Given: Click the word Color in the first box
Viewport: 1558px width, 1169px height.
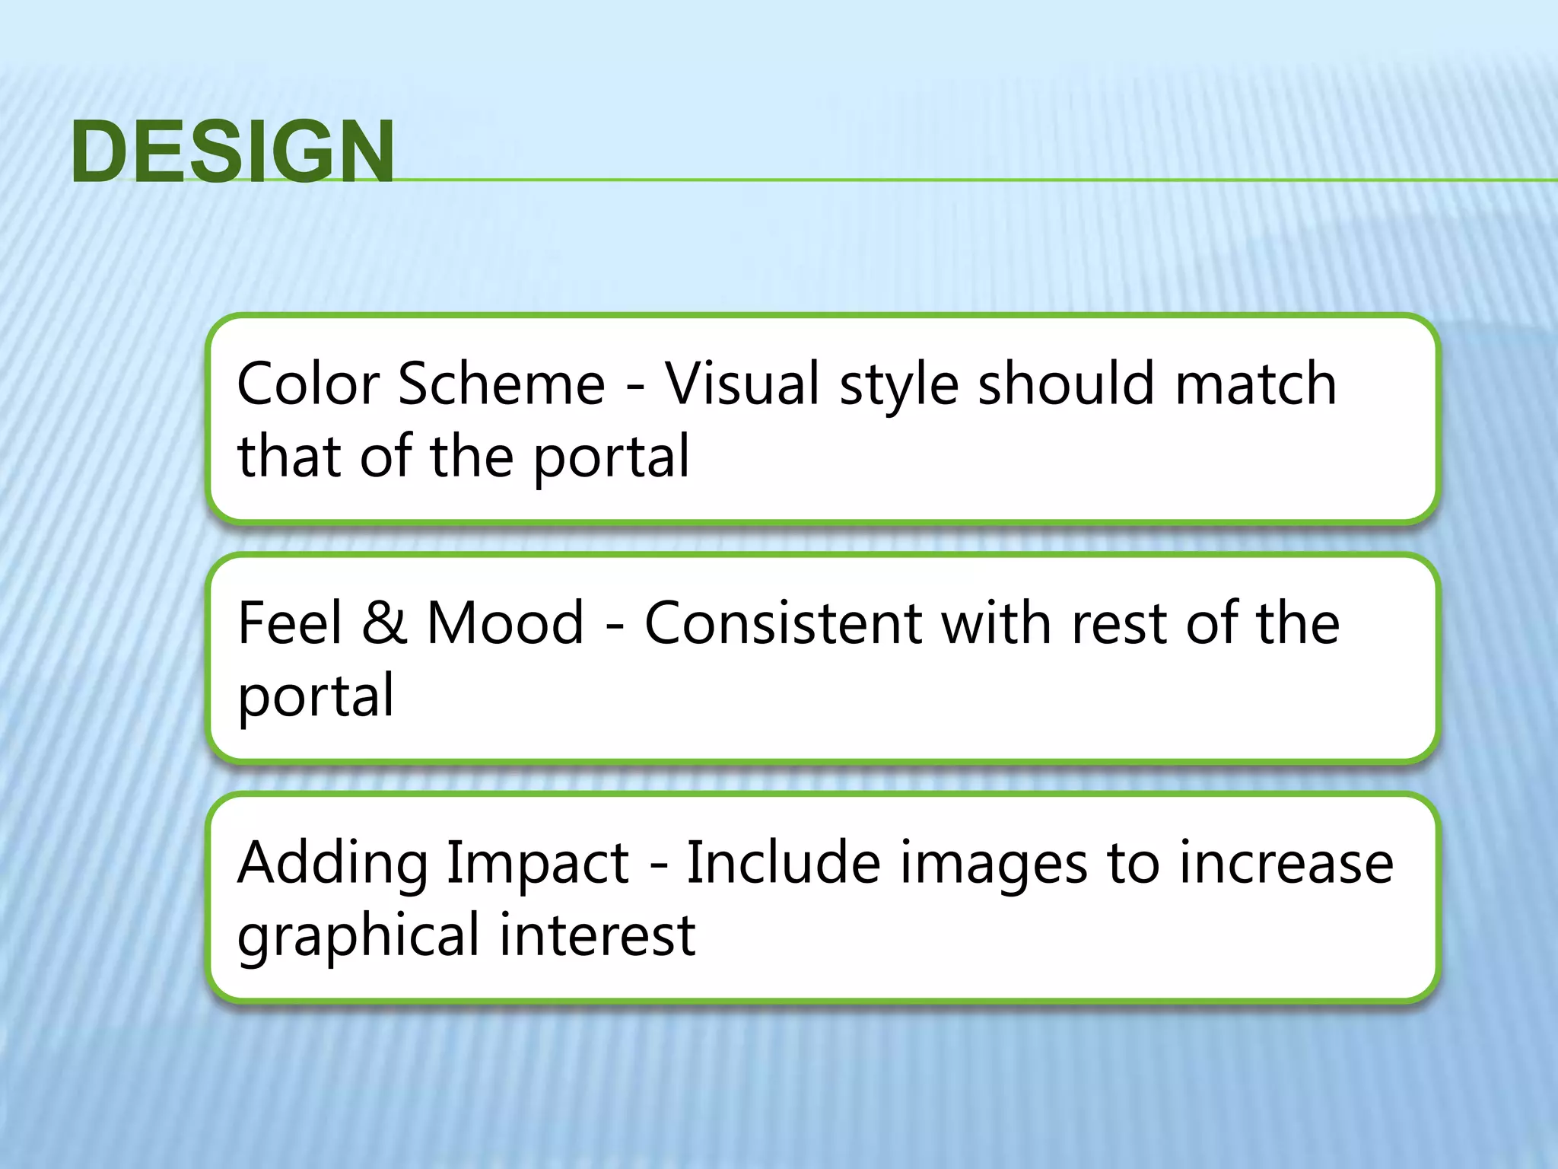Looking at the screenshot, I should pyautogui.click(x=307, y=384).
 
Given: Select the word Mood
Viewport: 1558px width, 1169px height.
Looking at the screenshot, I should pyautogui.click(x=505, y=623).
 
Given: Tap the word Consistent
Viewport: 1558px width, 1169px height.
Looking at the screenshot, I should pyautogui.click(x=784, y=623).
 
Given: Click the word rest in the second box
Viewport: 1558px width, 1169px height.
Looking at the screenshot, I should pyautogui.click(x=1119, y=623).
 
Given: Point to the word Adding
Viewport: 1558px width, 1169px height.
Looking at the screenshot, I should pyautogui.click(x=333, y=865).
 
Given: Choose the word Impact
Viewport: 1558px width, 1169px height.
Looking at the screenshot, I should pyautogui.click(x=537, y=865).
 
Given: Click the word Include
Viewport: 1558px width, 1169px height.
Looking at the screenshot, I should pyautogui.click(x=784, y=863).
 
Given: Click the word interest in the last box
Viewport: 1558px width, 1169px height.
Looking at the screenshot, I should pyautogui.click(x=597, y=935).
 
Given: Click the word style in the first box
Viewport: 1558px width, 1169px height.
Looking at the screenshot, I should pyautogui.click(x=899, y=385).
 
